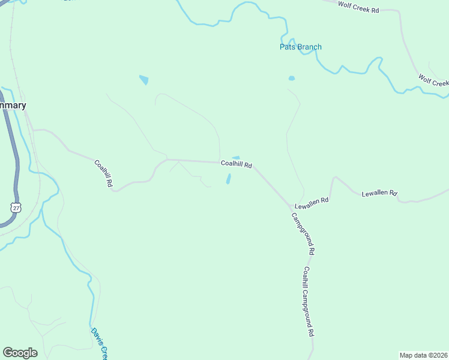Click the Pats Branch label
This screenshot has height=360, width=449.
point(300,47)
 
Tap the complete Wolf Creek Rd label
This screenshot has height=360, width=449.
point(359,7)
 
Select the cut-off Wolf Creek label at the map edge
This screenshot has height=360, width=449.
point(433,80)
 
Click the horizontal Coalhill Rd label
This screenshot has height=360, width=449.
point(236,164)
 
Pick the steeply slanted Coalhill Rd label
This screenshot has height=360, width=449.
point(103,174)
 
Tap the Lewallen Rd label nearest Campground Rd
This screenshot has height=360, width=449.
point(312,203)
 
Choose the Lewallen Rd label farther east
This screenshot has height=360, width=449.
point(379,193)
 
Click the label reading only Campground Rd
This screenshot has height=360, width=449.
point(303,234)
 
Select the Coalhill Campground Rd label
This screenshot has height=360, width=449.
point(309,301)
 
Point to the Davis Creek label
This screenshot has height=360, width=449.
point(99,342)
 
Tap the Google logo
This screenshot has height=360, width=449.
point(20,353)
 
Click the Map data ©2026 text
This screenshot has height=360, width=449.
point(424,355)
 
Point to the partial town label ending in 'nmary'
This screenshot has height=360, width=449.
point(13,106)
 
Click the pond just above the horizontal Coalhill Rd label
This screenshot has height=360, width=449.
point(236,158)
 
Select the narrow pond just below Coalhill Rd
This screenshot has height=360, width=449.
point(228,179)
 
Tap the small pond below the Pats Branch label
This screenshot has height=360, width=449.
point(292,78)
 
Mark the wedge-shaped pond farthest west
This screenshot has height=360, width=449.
point(144,80)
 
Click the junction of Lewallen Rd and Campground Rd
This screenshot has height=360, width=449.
point(293,208)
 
